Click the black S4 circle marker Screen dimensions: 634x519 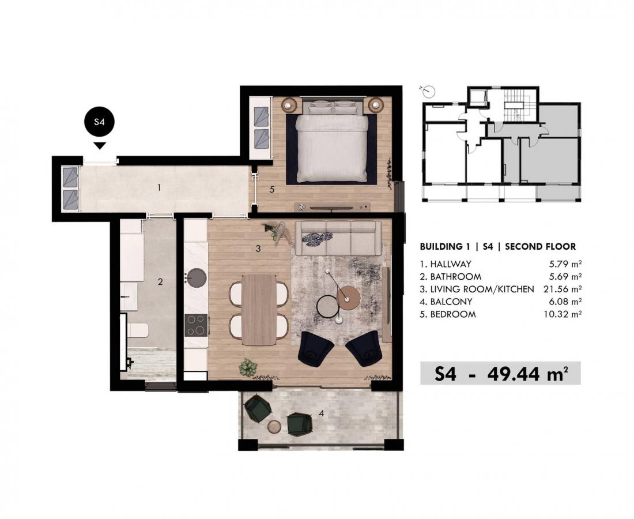pos(99,122)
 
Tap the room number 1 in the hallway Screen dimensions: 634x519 pos(159,187)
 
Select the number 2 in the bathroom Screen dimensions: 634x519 pos(161,282)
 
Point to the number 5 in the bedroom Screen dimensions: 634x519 pos(272,189)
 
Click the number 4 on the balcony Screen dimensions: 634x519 pos(322,413)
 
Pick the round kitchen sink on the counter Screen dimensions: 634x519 pos(196,278)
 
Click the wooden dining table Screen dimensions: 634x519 pos(259,310)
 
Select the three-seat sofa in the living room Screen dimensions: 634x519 pos(338,238)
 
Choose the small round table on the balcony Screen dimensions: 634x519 pos(276,426)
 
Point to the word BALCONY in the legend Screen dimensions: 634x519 pos(451,302)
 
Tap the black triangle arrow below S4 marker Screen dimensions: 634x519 pos(100,146)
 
